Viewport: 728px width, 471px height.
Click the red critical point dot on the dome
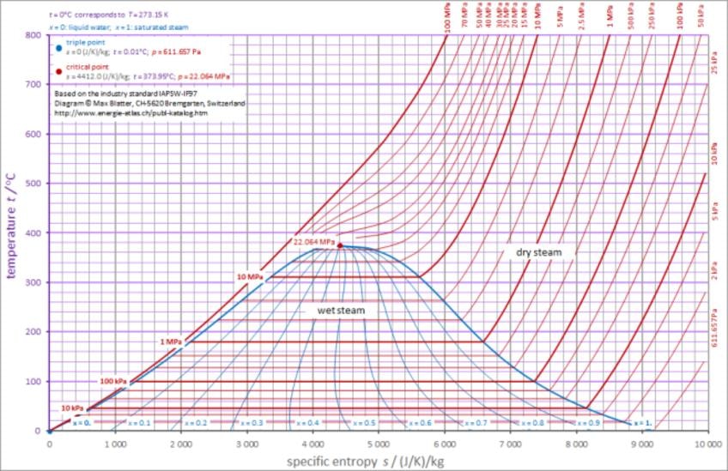tap(340, 245)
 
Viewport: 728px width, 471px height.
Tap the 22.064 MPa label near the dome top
tap(312, 242)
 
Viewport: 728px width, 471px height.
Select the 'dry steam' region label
tap(540, 252)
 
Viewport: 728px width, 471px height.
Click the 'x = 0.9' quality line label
tap(588, 424)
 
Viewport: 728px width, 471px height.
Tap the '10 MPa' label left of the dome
tap(249, 277)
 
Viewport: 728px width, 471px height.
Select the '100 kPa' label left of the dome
tap(114, 381)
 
